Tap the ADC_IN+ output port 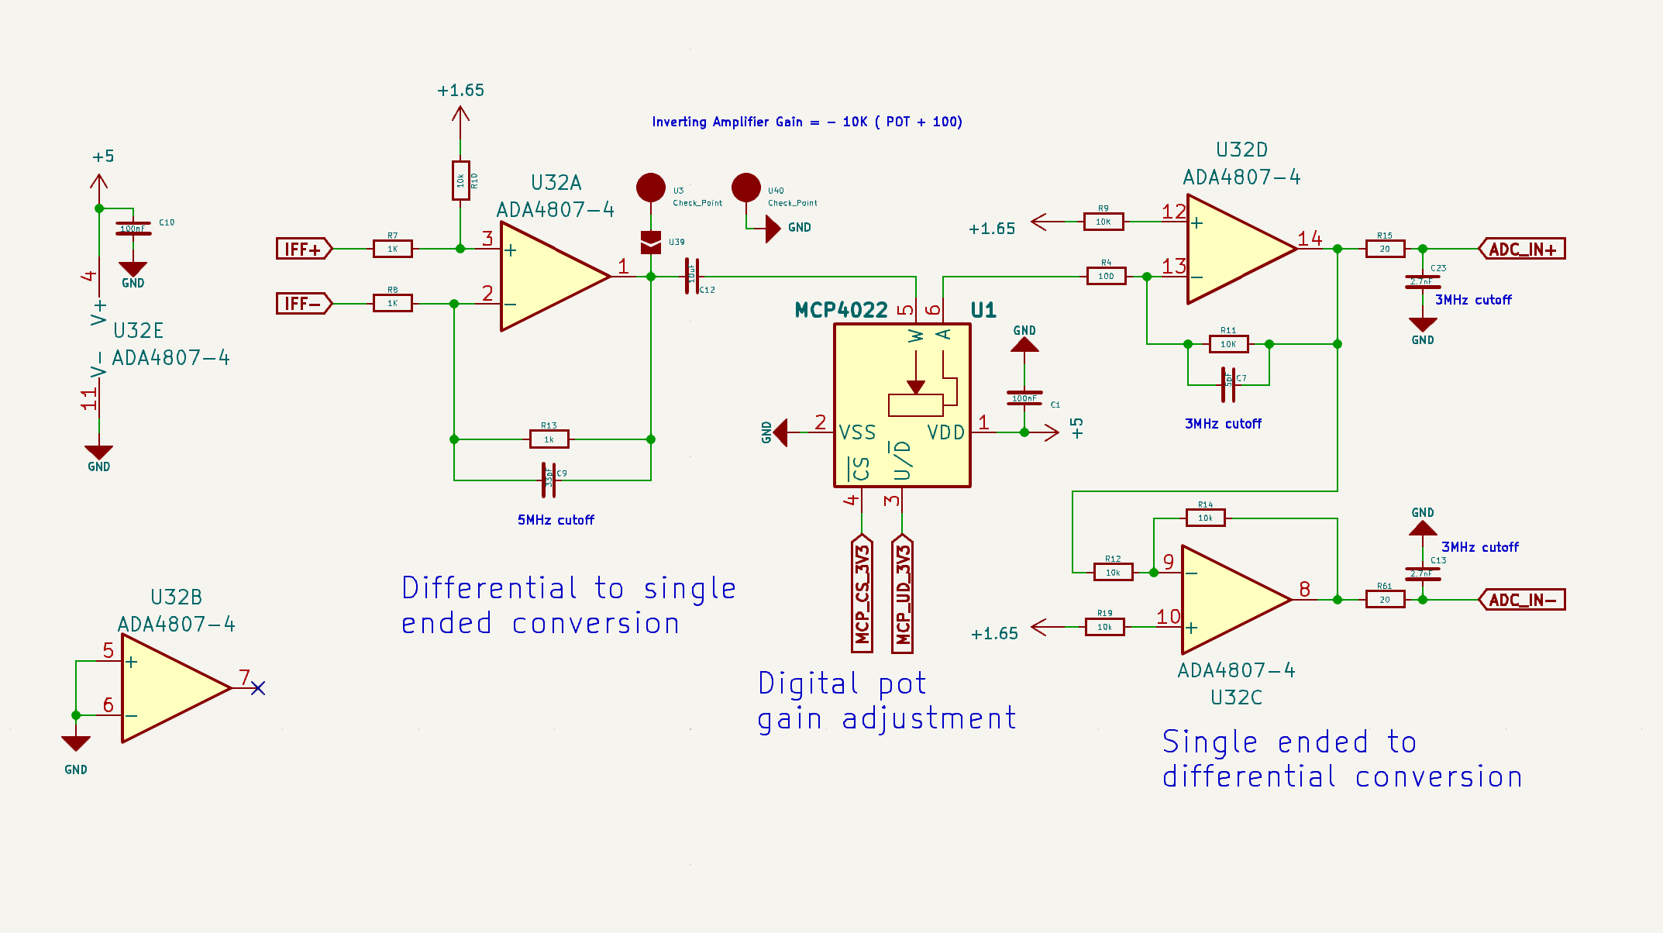[x=1522, y=249]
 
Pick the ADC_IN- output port [x=1522, y=600]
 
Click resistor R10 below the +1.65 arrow [x=460, y=181]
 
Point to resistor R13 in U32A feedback [x=549, y=439]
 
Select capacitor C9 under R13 [x=549, y=480]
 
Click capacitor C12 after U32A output [x=691, y=277]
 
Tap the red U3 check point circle [x=651, y=188]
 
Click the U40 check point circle [x=746, y=188]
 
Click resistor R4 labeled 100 [x=1106, y=276]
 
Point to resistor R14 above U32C [x=1205, y=518]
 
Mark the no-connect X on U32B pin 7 [x=258, y=688]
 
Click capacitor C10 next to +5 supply [x=133, y=229]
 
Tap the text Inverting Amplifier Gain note [x=807, y=122]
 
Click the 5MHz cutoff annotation [x=556, y=520]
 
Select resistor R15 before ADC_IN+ [x=1385, y=249]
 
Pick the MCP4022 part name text [x=841, y=311]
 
